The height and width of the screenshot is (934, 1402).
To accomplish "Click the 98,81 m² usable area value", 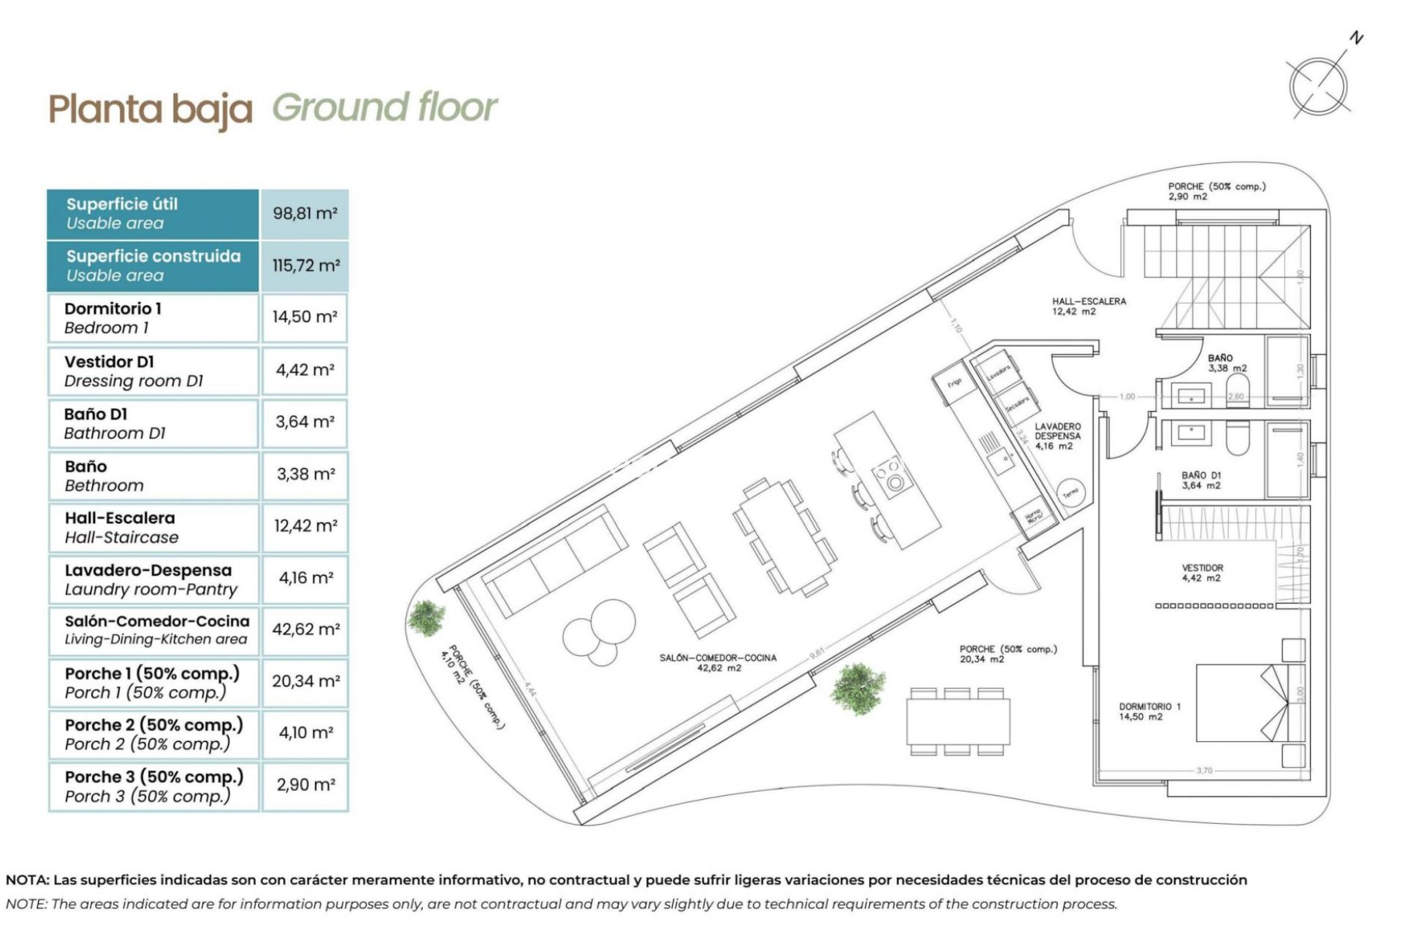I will pos(304,214).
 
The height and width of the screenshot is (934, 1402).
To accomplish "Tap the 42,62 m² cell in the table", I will pos(305,629).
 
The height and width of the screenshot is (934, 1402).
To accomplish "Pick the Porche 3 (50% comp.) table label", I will pos(153,786).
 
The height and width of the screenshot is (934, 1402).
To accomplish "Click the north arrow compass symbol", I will pos(1319,86).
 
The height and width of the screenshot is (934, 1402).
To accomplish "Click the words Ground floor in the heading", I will pos(385,108).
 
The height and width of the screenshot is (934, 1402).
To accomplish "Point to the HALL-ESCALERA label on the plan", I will pos(1088,306).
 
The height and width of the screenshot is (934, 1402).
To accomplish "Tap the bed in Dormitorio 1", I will pos(1241,702).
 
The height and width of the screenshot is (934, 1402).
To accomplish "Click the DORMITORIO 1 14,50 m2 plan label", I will pos(1149,711).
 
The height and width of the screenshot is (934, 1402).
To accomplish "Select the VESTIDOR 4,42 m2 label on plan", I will pos(1202,573).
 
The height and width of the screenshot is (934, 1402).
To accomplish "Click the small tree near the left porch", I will pos(426,617).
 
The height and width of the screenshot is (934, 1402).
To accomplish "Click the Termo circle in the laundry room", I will pos(1070,493).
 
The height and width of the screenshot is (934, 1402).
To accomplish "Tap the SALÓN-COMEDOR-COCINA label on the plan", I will pos(718,663).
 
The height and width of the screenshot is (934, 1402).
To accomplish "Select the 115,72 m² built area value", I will pos(305,266).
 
